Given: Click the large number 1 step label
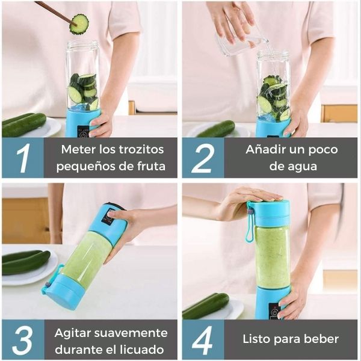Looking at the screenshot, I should tap(22, 158).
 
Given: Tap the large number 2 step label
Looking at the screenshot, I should tap(203, 158).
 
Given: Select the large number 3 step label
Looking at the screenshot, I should tap(22, 340).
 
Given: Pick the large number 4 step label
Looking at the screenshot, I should tap(203, 340).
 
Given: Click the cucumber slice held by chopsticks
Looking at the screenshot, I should tap(79, 24).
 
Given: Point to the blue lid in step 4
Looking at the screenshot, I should tap(268, 214).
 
